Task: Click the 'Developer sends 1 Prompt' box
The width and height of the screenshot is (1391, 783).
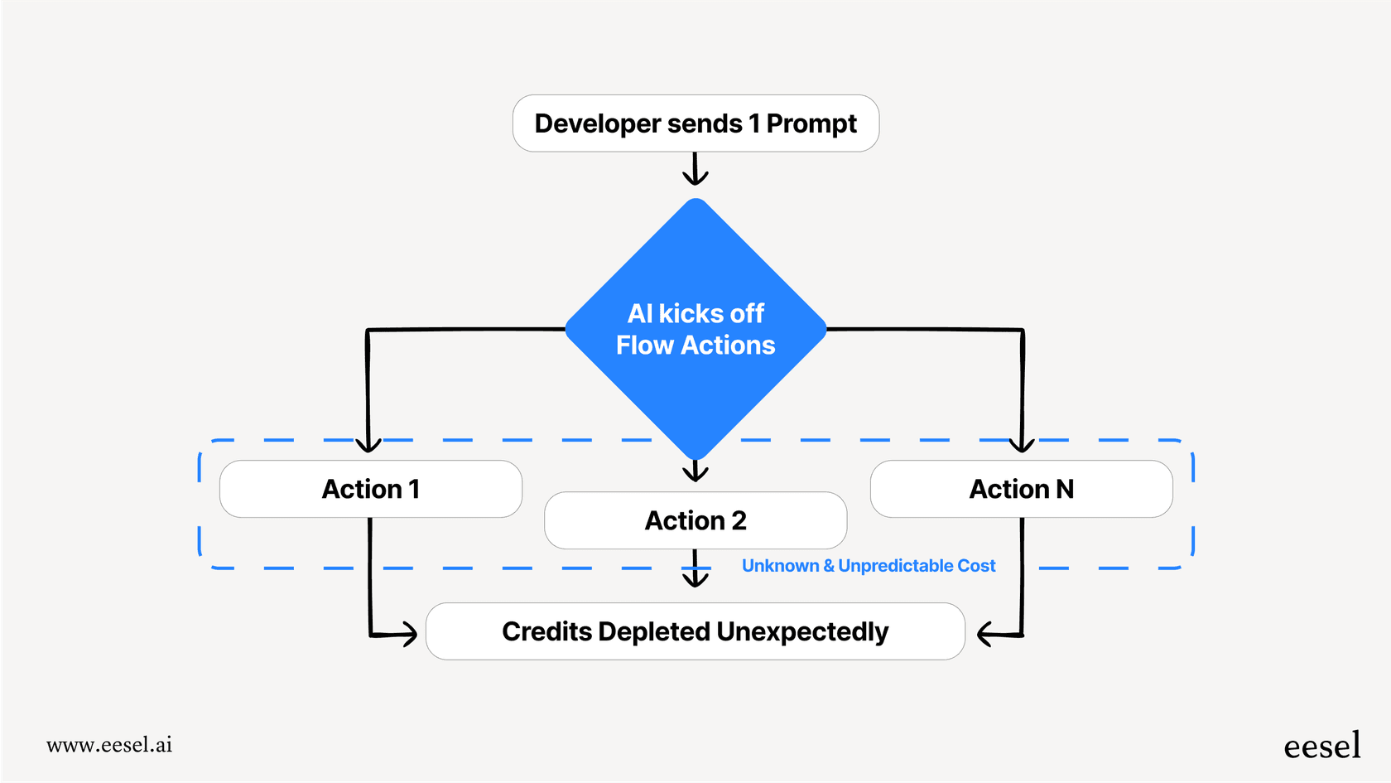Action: (695, 123)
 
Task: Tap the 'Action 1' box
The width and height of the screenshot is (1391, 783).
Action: (370, 489)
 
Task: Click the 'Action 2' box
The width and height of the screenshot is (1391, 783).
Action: (695, 520)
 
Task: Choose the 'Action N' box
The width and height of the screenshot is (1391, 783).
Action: (1021, 489)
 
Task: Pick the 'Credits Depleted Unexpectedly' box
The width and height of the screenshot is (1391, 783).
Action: (695, 631)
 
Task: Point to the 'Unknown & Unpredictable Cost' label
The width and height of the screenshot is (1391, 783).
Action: (868, 566)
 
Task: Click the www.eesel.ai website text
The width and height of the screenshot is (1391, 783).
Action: (109, 745)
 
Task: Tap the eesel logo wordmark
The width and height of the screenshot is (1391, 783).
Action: (1321, 746)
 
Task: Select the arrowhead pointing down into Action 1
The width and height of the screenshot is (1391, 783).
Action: (368, 445)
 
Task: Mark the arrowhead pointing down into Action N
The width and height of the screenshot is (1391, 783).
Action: (1023, 445)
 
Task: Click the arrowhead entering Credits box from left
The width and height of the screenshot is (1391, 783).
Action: (409, 635)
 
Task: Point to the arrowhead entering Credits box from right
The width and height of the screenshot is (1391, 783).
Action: (984, 635)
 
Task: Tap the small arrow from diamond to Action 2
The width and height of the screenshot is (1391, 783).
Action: (695, 472)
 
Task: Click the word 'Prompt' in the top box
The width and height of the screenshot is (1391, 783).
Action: (811, 123)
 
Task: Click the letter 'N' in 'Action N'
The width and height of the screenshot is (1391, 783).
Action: (1065, 489)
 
